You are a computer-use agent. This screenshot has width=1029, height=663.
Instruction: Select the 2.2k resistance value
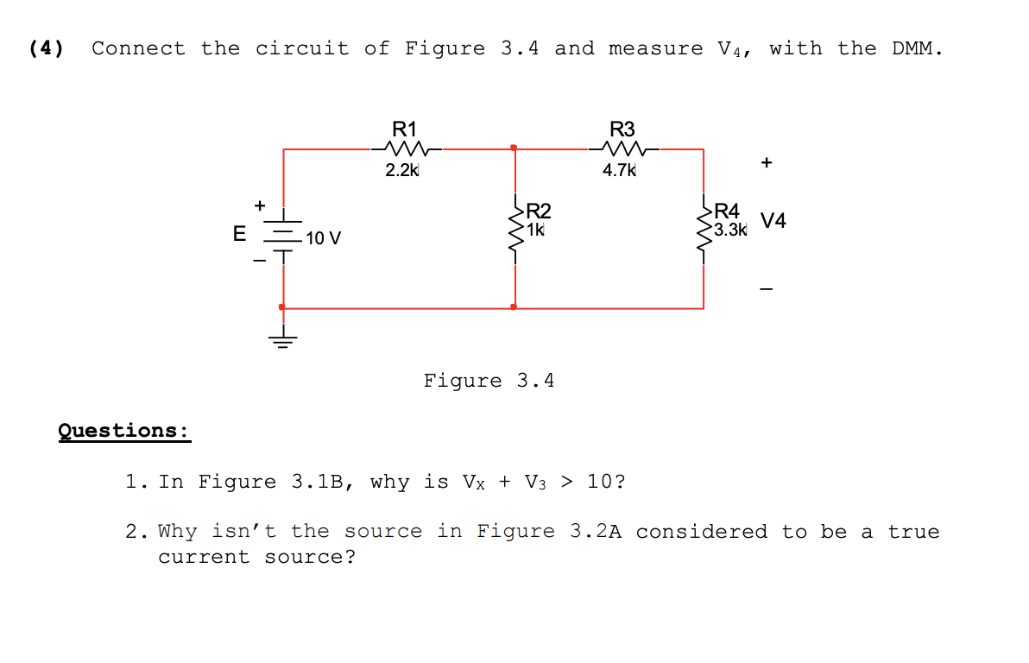(401, 170)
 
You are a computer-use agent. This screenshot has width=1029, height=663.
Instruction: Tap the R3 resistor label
(622, 129)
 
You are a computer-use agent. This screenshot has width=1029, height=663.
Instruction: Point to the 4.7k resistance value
(619, 170)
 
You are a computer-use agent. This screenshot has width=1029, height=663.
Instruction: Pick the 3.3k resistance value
(730, 230)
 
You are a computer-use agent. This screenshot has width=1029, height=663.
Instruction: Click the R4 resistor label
(727, 211)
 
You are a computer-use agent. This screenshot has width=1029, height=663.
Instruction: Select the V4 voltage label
(773, 221)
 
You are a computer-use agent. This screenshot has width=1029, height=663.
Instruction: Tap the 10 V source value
(323, 237)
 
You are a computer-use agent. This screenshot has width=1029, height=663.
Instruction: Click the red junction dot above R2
(514, 148)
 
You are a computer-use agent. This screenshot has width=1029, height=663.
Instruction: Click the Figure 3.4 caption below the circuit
(489, 381)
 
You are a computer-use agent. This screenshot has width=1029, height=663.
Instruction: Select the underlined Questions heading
(124, 430)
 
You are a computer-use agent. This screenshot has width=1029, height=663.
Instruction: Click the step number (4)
(46, 48)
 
